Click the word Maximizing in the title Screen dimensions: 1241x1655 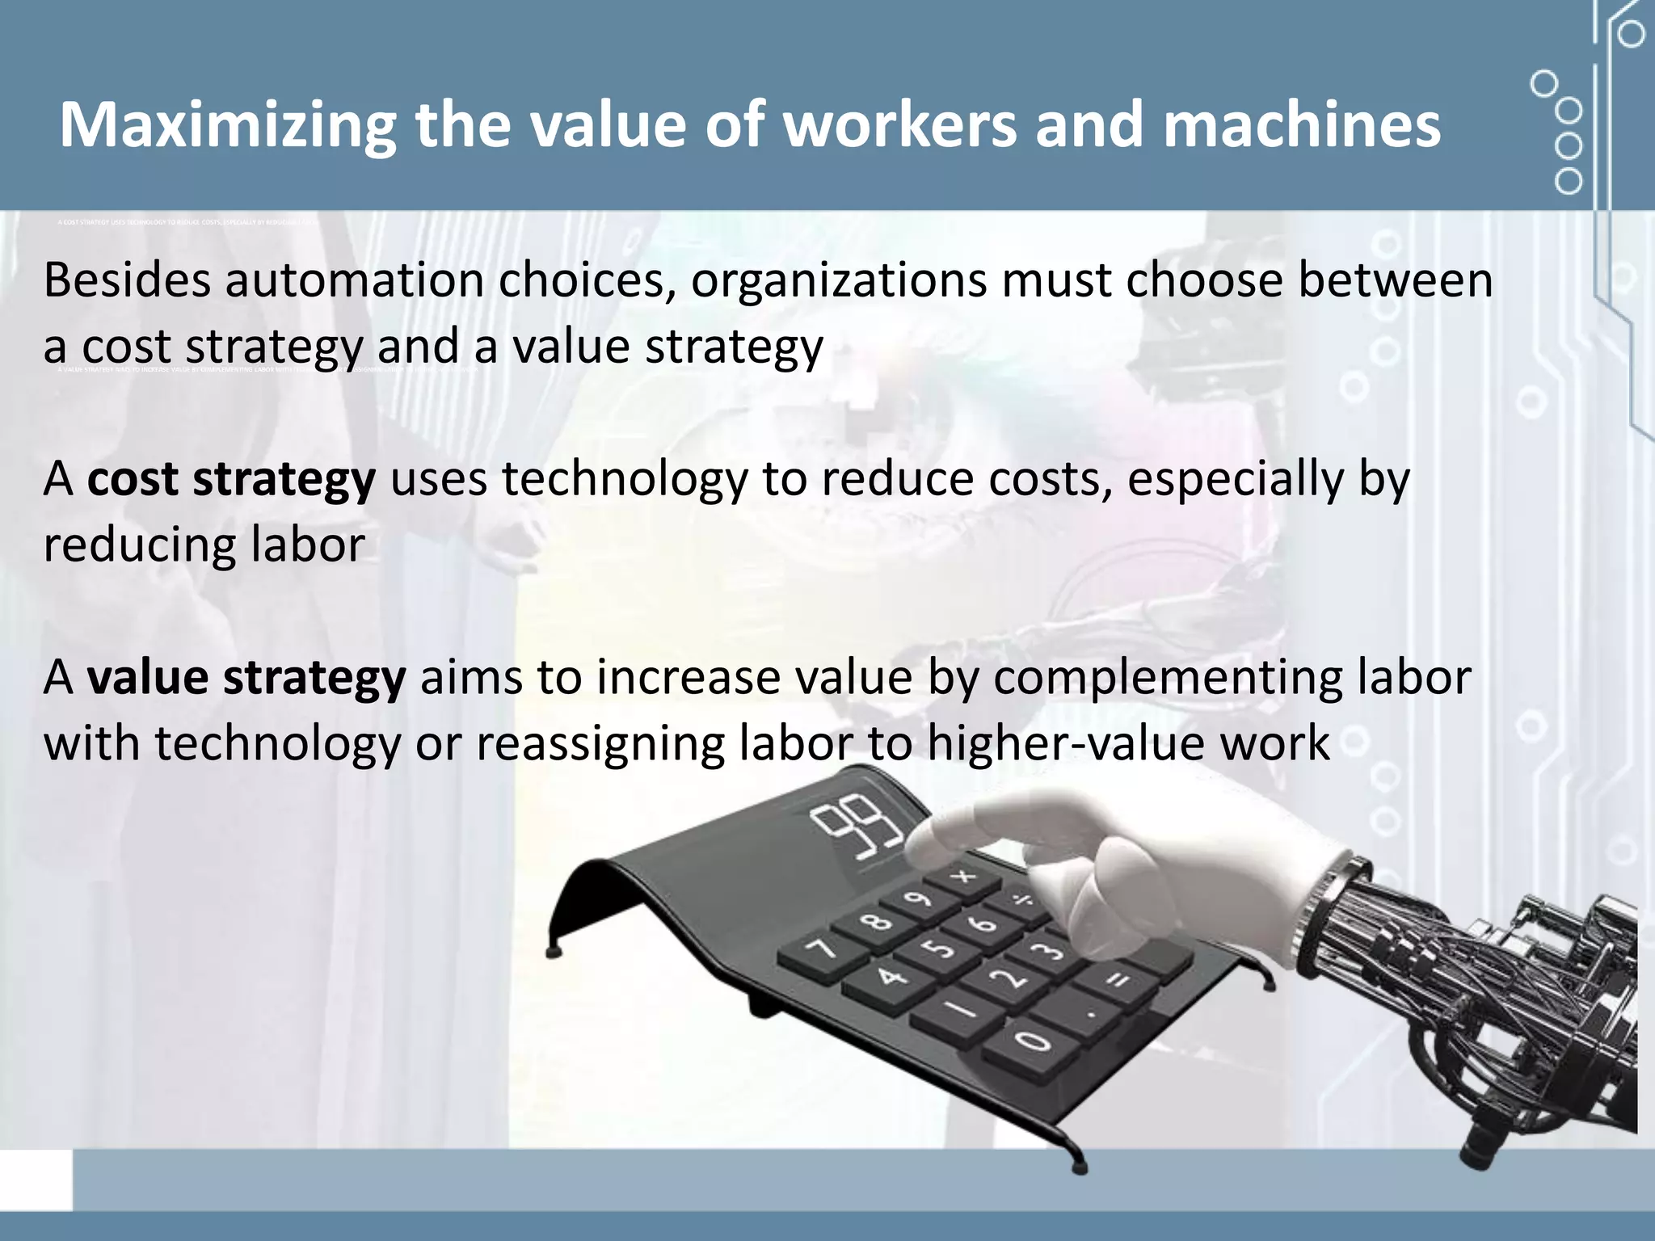228,125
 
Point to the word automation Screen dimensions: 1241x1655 353,280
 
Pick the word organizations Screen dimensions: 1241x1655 838,282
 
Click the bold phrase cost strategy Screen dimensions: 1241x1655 231,480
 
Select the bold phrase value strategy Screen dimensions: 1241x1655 246,678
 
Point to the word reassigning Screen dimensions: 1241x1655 600,744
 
